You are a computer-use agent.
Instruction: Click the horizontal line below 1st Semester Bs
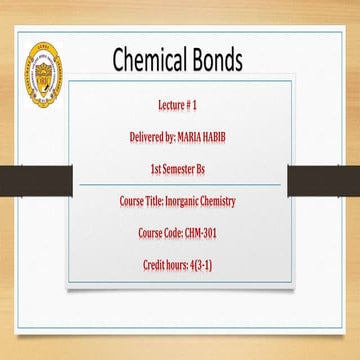click(180, 184)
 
